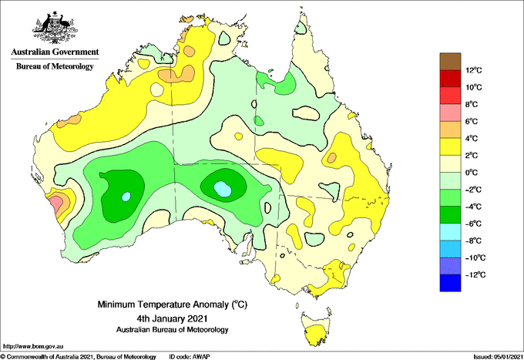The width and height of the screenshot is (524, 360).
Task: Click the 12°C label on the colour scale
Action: (474, 70)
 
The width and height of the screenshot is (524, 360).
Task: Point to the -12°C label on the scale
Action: (475, 274)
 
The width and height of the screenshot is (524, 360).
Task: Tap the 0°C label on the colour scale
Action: (472, 173)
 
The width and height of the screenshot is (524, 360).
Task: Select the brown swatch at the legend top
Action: (450, 61)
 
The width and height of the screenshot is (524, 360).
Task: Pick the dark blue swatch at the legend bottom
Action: (450, 283)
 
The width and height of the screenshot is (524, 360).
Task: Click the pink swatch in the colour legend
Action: (450, 113)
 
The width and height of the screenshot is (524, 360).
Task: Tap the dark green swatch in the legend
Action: (450, 214)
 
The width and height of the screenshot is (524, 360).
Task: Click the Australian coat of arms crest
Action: (55, 28)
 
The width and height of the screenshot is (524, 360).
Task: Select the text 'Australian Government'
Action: (55, 52)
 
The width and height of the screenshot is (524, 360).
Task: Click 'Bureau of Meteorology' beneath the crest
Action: (55, 66)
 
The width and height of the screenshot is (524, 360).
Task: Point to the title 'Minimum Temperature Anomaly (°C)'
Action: (172, 304)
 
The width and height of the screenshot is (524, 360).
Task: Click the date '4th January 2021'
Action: (172, 318)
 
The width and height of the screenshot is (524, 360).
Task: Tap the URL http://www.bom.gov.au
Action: (33, 346)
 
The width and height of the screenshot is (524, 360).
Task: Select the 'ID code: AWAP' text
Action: (190, 357)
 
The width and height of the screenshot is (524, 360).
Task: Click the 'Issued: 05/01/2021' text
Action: (497, 357)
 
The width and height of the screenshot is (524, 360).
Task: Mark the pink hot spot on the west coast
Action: (55, 203)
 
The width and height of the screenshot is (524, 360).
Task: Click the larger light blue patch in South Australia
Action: (222, 189)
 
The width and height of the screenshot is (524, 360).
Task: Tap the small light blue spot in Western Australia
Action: (126, 197)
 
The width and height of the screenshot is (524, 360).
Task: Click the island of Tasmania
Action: (315, 328)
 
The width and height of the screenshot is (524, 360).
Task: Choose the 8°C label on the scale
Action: (472, 104)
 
